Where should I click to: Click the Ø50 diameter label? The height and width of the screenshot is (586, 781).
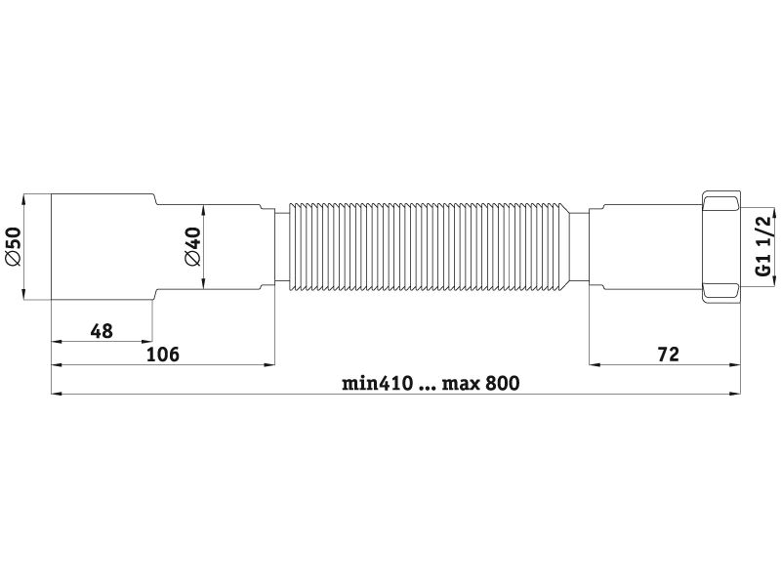[14, 247]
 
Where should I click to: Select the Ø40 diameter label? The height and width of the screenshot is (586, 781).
[191, 247]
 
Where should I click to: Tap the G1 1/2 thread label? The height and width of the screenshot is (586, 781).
[762, 247]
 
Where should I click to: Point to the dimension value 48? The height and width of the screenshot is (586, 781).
[102, 331]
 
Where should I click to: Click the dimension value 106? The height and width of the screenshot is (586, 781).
[162, 355]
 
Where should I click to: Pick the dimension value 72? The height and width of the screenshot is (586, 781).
[668, 355]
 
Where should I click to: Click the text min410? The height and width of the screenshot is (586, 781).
[377, 383]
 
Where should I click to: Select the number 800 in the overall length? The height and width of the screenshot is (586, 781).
[502, 383]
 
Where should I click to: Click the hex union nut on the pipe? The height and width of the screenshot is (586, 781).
[720, 247]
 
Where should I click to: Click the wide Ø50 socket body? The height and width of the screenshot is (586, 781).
[103, 247]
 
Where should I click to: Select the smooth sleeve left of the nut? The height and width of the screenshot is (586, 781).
[645, 247]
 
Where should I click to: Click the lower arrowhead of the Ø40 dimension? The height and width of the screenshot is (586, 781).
[203, 284]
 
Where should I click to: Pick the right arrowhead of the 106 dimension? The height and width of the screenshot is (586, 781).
[269, 364]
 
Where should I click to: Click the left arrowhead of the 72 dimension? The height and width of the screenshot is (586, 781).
[596, 364]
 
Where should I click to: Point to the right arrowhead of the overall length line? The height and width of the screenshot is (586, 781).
[735, 394]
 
